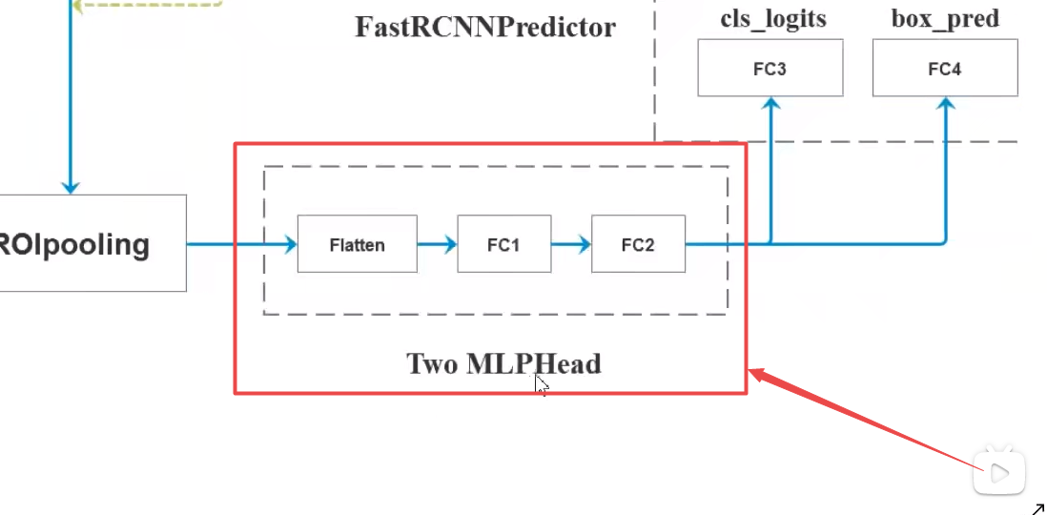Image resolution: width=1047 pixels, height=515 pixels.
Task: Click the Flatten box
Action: [357, 244]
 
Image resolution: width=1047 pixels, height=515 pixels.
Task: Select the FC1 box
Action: [503, 244]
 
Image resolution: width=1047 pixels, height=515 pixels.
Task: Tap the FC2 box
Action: [638, 244]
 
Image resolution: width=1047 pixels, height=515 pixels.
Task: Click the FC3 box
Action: [770, 68]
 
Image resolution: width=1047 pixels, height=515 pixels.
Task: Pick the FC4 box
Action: [944, 68]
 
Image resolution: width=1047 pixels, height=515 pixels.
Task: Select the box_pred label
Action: [945, 18]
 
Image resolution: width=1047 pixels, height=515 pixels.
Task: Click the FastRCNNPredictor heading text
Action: [485, 26]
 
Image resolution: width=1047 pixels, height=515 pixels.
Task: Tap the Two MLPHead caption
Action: [503, 363]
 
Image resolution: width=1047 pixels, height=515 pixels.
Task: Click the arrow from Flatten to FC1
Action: [437, 244]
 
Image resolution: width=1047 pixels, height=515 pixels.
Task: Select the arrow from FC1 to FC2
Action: [571, 244]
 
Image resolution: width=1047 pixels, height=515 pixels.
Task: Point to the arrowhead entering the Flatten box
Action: [289, 244]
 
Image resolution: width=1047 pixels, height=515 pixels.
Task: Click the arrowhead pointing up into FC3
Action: [770, 104]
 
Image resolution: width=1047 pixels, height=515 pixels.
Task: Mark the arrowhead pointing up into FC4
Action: [945, 104]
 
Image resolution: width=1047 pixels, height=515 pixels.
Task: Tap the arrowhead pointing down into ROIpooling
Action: [70, 187]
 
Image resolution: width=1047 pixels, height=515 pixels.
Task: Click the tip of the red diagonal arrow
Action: [753, 373]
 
